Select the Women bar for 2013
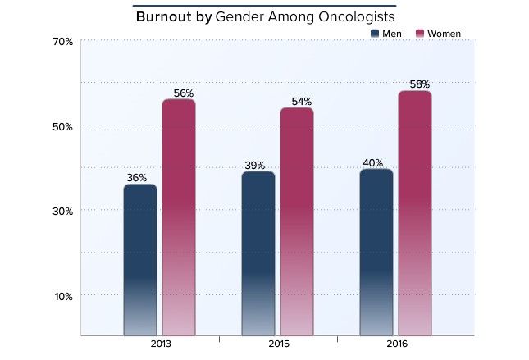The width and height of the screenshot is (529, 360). click(x=178, y=217)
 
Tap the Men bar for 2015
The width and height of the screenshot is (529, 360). click(x=258, y=253)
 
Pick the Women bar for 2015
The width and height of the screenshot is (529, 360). click(x=297, y=221)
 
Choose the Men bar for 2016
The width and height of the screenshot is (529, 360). click(x=376, y=253)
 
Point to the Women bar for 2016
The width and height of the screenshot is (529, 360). click(x=415, y=213)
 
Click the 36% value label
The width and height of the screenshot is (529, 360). click(x=137, y=178)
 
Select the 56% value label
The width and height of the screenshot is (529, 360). click(x=184, y=93)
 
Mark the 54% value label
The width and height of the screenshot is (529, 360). click(x=302, y=102)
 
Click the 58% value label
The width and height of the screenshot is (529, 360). click(x=420, y=84)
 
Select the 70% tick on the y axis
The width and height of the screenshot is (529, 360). click(x=64, y=41)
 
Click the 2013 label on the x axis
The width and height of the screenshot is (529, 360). click(x=160, y=345)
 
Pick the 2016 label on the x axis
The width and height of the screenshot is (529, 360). click(x=396, y=345)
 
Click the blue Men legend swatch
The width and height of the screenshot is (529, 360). click(x=376, y=34)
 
